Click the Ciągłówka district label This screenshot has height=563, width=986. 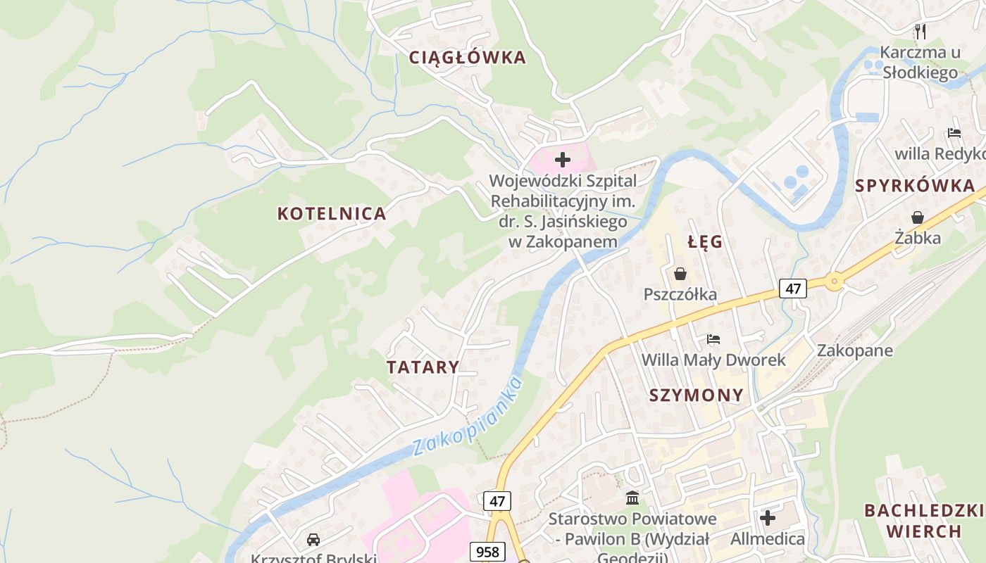pyautogui.click(x=468, y=58)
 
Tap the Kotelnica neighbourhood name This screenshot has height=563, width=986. pyautogui.click(x=332, y=214)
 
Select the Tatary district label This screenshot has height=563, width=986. pyautogui.click(x=423, y=367)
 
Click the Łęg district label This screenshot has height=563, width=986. pyautogui.click(x=705, y=242)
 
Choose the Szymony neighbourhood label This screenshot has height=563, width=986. pyautogui.click(x=696, y=396)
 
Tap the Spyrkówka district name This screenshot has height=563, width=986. pyautogui.click(x=915, y=186)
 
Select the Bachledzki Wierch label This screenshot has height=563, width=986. pyautogui.click(x=923, y=521)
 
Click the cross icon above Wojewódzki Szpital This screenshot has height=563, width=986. pyautogui.click(x=562, y=160)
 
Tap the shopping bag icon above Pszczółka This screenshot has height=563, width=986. pyautogui.click(x=680, y=274)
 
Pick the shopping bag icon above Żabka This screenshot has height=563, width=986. pyautogui.click(x=917, y=217)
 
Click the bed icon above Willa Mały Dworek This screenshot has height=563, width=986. pyautogui.click(x=713, y=339)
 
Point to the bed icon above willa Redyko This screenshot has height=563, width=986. pyautogui.click(x=954, y=132)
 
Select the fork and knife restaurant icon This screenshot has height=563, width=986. pyautogui.click(x=920, y=31)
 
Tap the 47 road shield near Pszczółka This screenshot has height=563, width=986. pyautogui.click(x=792, y=288)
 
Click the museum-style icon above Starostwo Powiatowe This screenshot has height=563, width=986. pyautogui.click(x=632, y=498)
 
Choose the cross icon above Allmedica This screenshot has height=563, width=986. pyautogui.click(x=767, y=519)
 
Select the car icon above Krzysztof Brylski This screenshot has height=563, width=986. pyautogui.click(x=313, y=540)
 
